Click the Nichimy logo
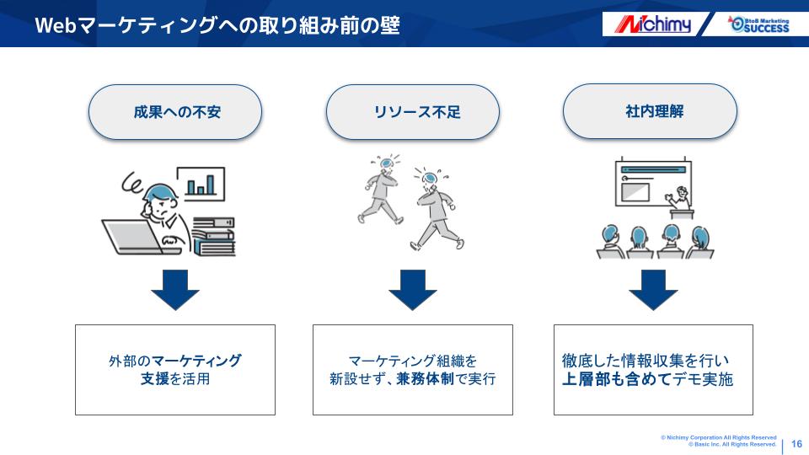(652, 24)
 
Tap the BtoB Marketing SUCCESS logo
(758, 24)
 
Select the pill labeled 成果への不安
(175, 112)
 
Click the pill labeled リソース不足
(413, 112)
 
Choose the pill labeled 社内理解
(650, 111)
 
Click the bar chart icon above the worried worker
(201, 184)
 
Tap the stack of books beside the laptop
(213, 236)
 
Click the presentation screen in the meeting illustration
(653, 183)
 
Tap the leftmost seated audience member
(610, 242)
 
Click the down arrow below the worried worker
(175, 290)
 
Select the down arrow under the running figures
(413, 290)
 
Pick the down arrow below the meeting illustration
(653, 290)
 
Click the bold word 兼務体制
(425, 379)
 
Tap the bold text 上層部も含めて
(616, 379)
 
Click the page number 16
(796, 444)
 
